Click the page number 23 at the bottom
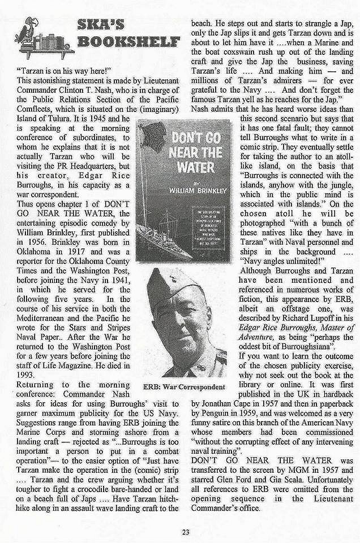[185, 531]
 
